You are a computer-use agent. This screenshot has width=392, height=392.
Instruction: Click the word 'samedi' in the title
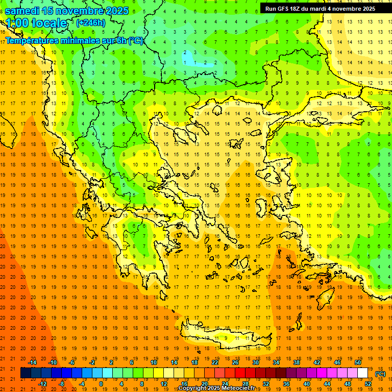[23, 11]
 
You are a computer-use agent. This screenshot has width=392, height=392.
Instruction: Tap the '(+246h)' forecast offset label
[90, 22]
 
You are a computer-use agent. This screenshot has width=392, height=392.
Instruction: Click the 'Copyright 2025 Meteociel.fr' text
[216, 388]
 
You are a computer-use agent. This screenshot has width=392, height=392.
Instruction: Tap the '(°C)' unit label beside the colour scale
[380, 374]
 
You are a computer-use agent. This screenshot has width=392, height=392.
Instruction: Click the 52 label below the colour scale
[368, 384]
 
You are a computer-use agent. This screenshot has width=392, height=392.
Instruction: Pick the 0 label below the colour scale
[101, 384]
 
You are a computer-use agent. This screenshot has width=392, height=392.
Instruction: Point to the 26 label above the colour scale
[235, 362]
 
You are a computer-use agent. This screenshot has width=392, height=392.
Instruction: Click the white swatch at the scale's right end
[363, 373]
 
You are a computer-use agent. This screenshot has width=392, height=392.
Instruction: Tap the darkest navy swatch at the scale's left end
[26, 373]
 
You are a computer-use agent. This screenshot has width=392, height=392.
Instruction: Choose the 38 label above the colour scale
[297, 362]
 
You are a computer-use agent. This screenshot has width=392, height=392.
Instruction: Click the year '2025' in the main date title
[117, 11]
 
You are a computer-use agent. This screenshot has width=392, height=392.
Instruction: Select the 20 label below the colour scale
[205, 384]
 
